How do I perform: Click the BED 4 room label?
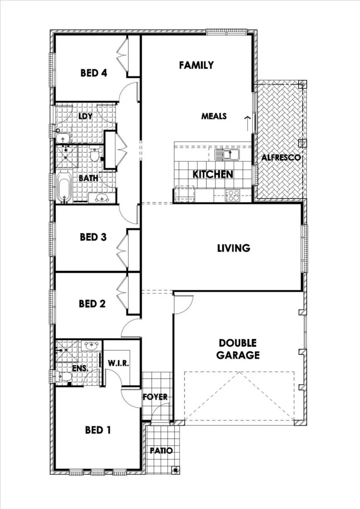click(x=93, y=73)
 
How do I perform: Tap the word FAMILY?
click(x=196, y=65)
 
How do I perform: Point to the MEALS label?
click(x=214, y=116)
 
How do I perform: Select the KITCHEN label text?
click(x=213, y=174)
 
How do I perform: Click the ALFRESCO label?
click(x=281, y=158)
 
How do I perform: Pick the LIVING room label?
click(x=234, y=248)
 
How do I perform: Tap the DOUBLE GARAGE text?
click(x=239, y=350)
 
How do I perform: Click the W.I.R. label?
click(x=118, y=363)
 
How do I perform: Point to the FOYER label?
click(x=155, y=397)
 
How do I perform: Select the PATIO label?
click(x=161, y=451)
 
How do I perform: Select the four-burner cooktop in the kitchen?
click(x=233, y=195)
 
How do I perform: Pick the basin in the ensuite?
click(x=91, y=345)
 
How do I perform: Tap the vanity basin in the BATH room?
click(x=101, y=197)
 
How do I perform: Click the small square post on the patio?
click(x=176, y=470)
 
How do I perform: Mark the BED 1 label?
click(x=98, y=430)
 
